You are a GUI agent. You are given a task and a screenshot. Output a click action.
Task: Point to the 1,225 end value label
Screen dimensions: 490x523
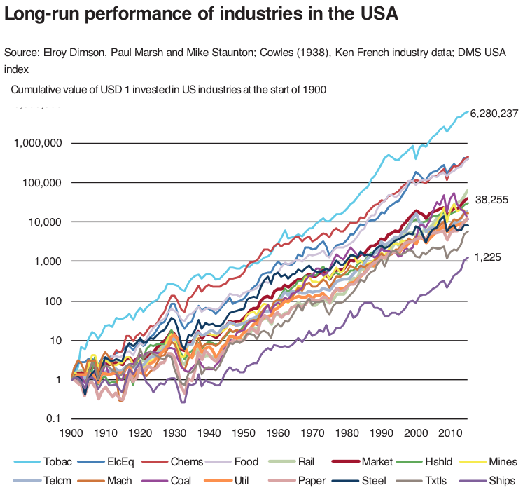click(488, 258)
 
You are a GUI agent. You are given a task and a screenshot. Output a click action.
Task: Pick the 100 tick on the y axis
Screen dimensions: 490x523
click(53, 301)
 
